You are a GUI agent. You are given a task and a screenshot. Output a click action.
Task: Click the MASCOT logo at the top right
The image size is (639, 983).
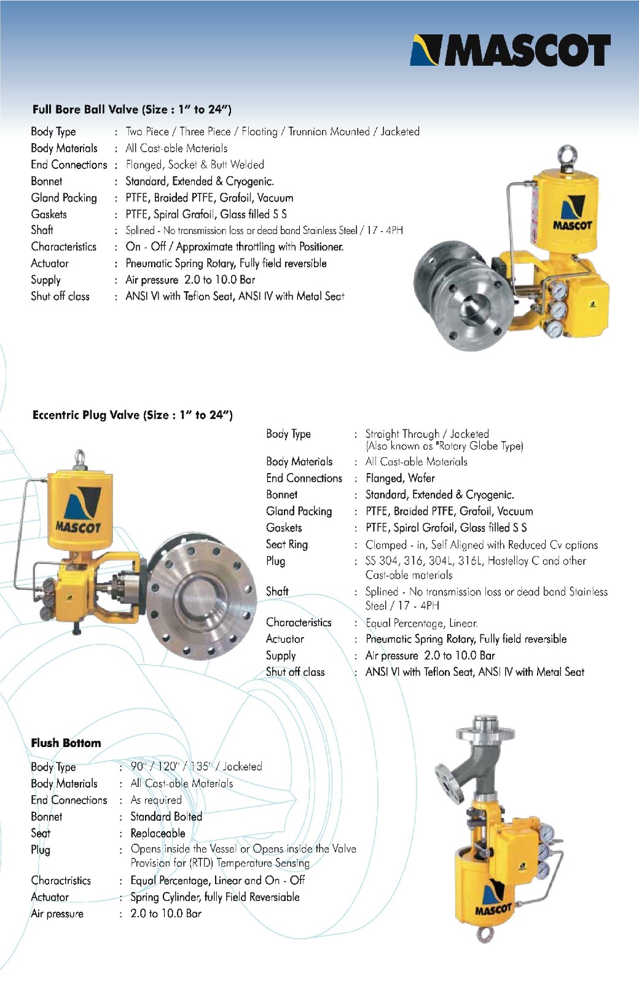tap(511, 50)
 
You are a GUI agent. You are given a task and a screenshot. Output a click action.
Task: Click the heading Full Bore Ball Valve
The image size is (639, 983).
tap(131, 110)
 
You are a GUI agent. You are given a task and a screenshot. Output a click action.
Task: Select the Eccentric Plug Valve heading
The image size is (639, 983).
tap(132, 415)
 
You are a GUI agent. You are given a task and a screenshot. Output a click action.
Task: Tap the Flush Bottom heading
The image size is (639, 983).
tap(66, 743)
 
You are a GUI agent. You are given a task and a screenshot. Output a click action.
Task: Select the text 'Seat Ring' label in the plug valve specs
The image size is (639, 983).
tap(287, 544)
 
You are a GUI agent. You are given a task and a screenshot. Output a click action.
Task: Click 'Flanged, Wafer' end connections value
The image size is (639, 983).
tap(400, 479)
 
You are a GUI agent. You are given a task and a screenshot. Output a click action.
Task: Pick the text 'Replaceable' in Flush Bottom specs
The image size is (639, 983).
tap(158, 834)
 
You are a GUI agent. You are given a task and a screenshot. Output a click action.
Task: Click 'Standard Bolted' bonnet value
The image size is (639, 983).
tap(166, 817)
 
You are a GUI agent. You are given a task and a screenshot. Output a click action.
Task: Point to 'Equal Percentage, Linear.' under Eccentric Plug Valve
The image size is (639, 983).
tap(421, 623)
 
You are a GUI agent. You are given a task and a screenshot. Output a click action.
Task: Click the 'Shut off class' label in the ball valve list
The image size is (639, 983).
tap(60, 297)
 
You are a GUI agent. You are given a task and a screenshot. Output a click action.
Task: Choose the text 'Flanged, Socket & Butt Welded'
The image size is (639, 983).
tap(195, 165)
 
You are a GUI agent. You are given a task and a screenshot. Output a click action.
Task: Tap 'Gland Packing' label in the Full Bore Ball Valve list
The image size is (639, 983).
tap(64, 198)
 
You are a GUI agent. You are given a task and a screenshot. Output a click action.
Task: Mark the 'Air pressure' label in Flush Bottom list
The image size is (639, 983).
tap(57, 914)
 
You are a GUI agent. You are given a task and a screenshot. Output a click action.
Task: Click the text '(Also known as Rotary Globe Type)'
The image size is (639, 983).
tap(444, 447)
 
